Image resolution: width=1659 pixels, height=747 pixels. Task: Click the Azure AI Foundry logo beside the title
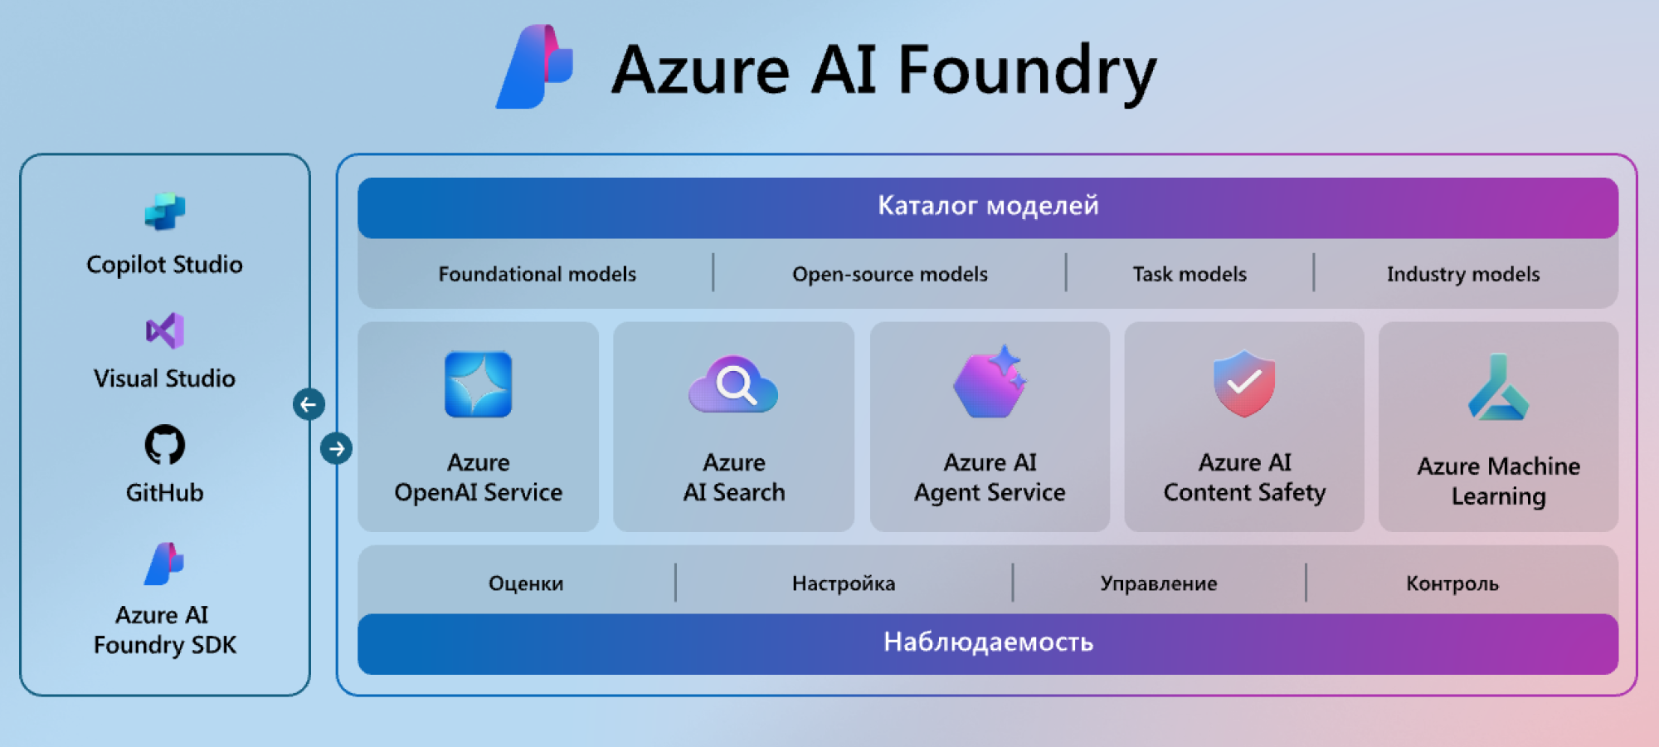(x=535, y=66)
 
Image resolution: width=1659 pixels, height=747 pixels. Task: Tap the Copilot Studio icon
(x=165, y=212)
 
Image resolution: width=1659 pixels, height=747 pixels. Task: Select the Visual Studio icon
(x=165, y=331)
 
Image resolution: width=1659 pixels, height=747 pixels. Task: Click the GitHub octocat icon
(x=165, y=445)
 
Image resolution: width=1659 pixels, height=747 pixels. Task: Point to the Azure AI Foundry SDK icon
(x=164, y=564)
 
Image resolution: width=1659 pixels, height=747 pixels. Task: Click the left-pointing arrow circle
(x=309, y=404)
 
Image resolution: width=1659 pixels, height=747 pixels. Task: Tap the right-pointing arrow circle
(x=336, y=449)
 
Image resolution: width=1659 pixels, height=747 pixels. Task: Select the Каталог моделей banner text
(x=988, y=205)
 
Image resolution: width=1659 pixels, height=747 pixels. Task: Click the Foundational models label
(x=537, y=274)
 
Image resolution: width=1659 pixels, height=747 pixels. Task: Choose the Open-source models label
(x=889, y=274)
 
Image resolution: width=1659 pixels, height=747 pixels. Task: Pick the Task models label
(x=1190, y=274)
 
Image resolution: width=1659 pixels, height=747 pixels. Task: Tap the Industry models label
(x=1462, y=274)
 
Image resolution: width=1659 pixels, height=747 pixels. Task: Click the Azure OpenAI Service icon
(x=478, y=384)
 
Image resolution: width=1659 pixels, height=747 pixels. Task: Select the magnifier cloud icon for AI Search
(x=733, y=385)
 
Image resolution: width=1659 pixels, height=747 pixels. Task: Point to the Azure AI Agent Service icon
(x=990, y=383)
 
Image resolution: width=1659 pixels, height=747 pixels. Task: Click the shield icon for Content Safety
(x=1243, y=383)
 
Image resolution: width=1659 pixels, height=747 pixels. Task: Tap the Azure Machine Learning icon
(x=1498, y=388)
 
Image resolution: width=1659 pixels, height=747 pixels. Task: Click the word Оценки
(x=526, y=583)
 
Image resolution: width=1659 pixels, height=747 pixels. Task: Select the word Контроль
(x=1452, y=583)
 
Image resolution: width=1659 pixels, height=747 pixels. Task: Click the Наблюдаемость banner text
(x=988, y=642)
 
